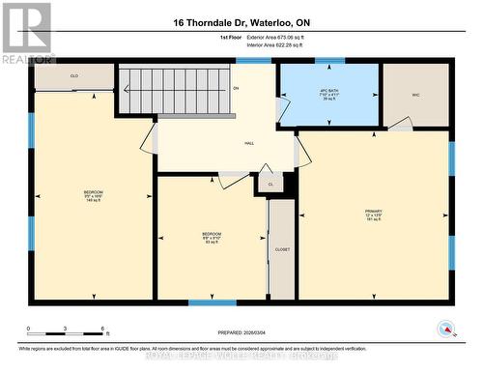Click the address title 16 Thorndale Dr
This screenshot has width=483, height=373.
(241, 23)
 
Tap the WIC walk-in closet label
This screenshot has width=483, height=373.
(415, 94)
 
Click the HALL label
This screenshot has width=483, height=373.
(221, 142)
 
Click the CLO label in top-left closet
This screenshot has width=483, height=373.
(73, 76)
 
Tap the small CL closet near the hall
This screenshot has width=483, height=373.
(270, 184)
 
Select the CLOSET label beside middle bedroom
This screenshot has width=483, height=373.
(282, 249)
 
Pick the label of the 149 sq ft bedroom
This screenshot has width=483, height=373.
(93, 196)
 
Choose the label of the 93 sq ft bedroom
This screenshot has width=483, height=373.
(211, 237)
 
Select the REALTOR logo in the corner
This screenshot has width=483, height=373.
(26, 34)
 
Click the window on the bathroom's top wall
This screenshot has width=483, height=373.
(329, 61)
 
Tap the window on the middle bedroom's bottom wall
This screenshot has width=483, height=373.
(212, 302)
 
